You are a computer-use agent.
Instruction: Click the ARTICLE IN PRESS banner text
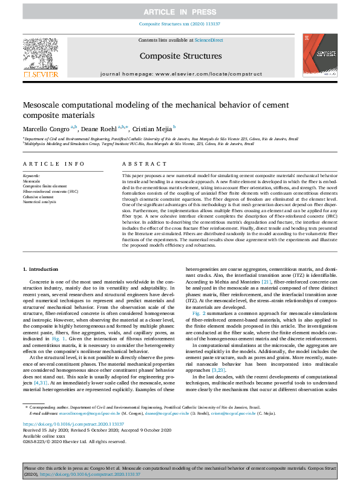point(180,12)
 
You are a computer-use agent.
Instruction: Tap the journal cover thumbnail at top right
point(319,55)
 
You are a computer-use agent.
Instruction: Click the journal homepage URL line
point(180,73)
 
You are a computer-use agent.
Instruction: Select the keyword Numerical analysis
point(39,202)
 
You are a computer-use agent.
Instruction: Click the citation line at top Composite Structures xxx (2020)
point(180,24)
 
